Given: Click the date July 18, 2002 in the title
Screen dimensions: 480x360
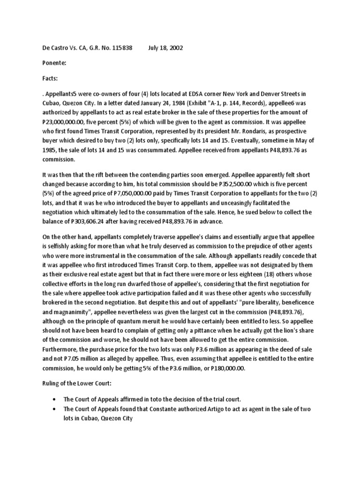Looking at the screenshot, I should coord(165,48).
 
